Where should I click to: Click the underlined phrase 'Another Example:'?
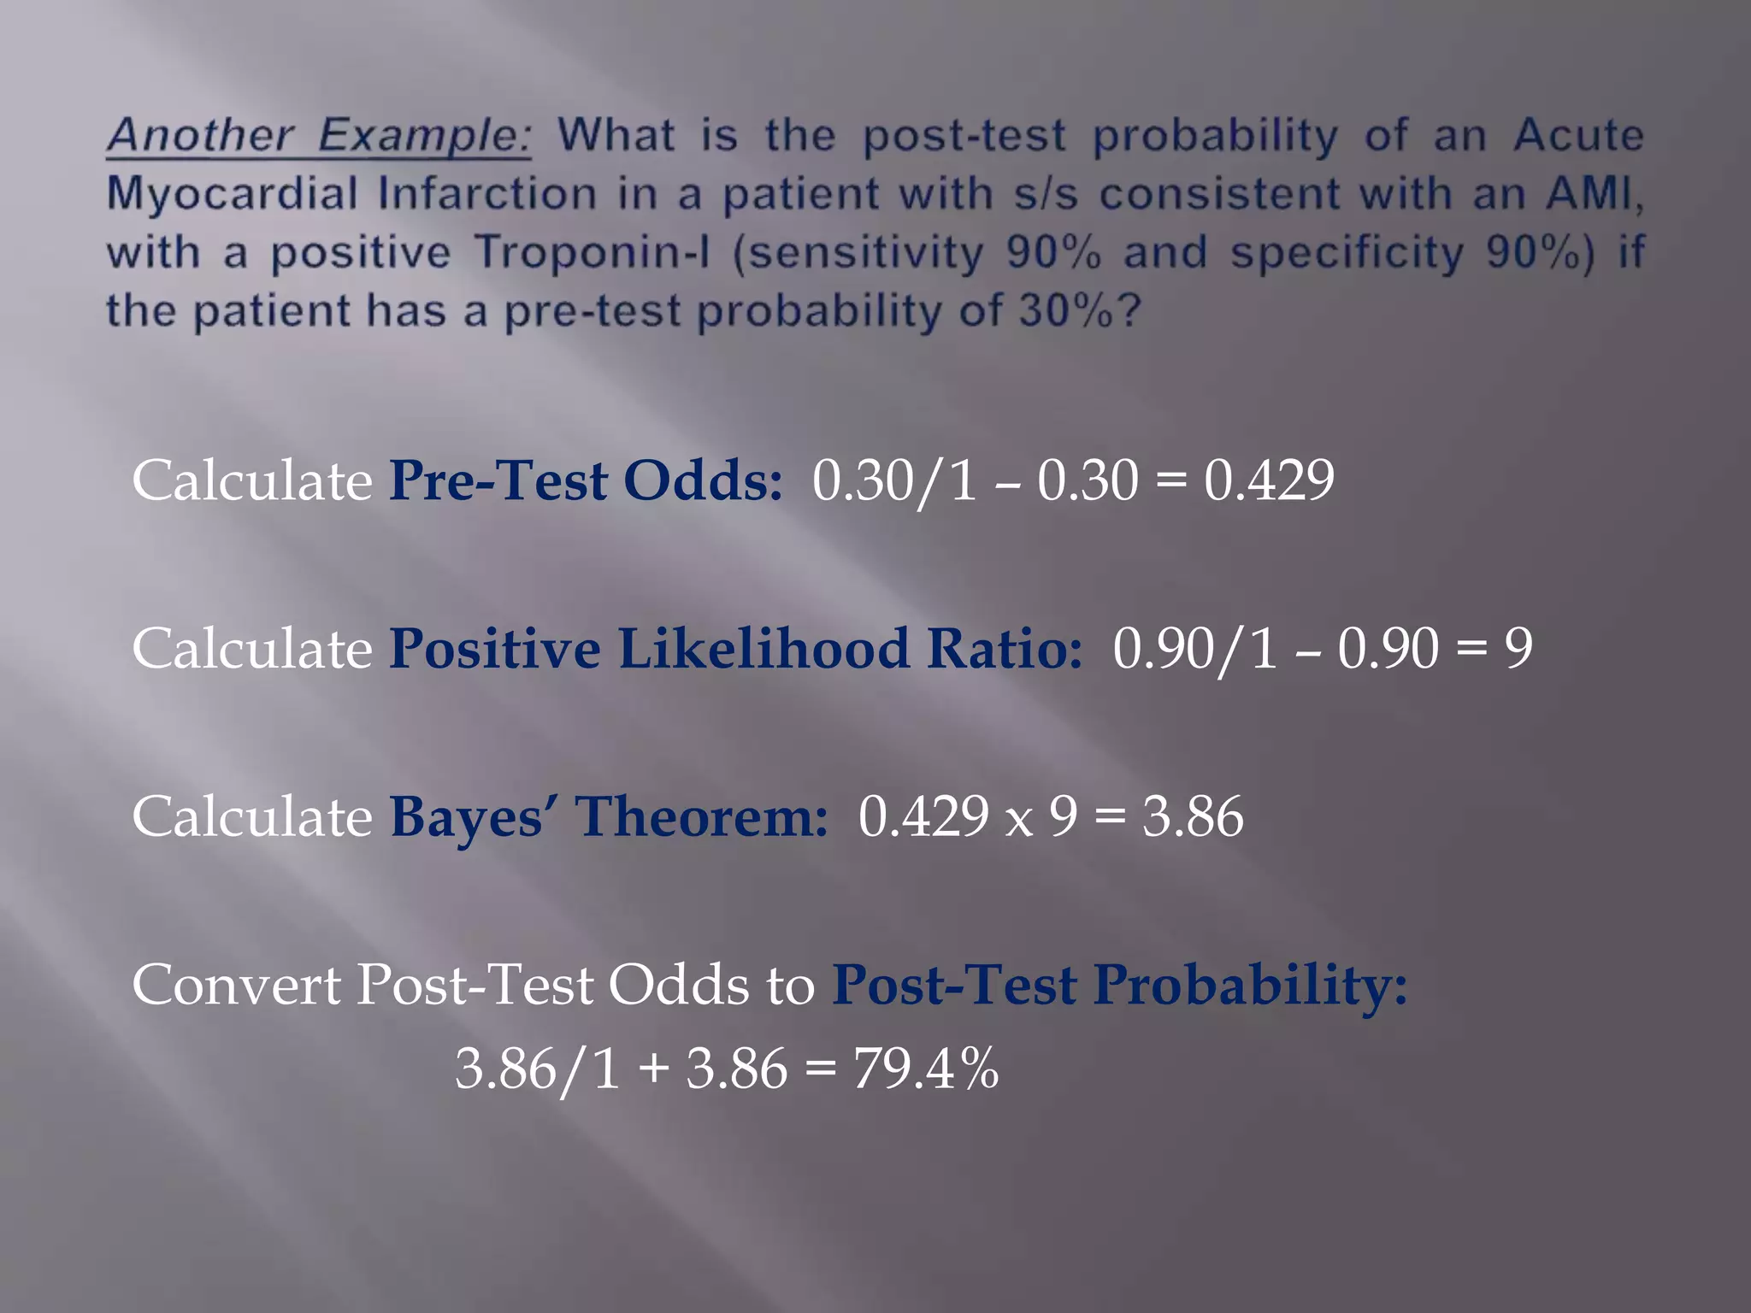pyautogui.click(x=318, y=135)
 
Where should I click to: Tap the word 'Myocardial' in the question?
pyautogui.click(x=232, y=194)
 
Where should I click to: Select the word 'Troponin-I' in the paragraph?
pyautogui.click(x=592, y=252)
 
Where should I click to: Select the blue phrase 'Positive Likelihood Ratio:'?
pyautogui.click(x=735, y=648)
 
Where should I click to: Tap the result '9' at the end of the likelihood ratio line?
pyautogui.click(x=1518, y=648)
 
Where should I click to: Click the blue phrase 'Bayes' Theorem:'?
pyautogui.click(x=609, y=816)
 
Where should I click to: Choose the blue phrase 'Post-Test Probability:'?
pyautogui.click(x=1120, y=985)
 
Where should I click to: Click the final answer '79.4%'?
pyautogui.click(x=926, y=1069)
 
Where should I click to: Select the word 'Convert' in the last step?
pyautogui.click(x=236, y=985)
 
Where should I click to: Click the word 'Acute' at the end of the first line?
pyautogui.click(x=1578, y=135)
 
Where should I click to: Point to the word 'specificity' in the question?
pyautogui.click(x=1347, y=253)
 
